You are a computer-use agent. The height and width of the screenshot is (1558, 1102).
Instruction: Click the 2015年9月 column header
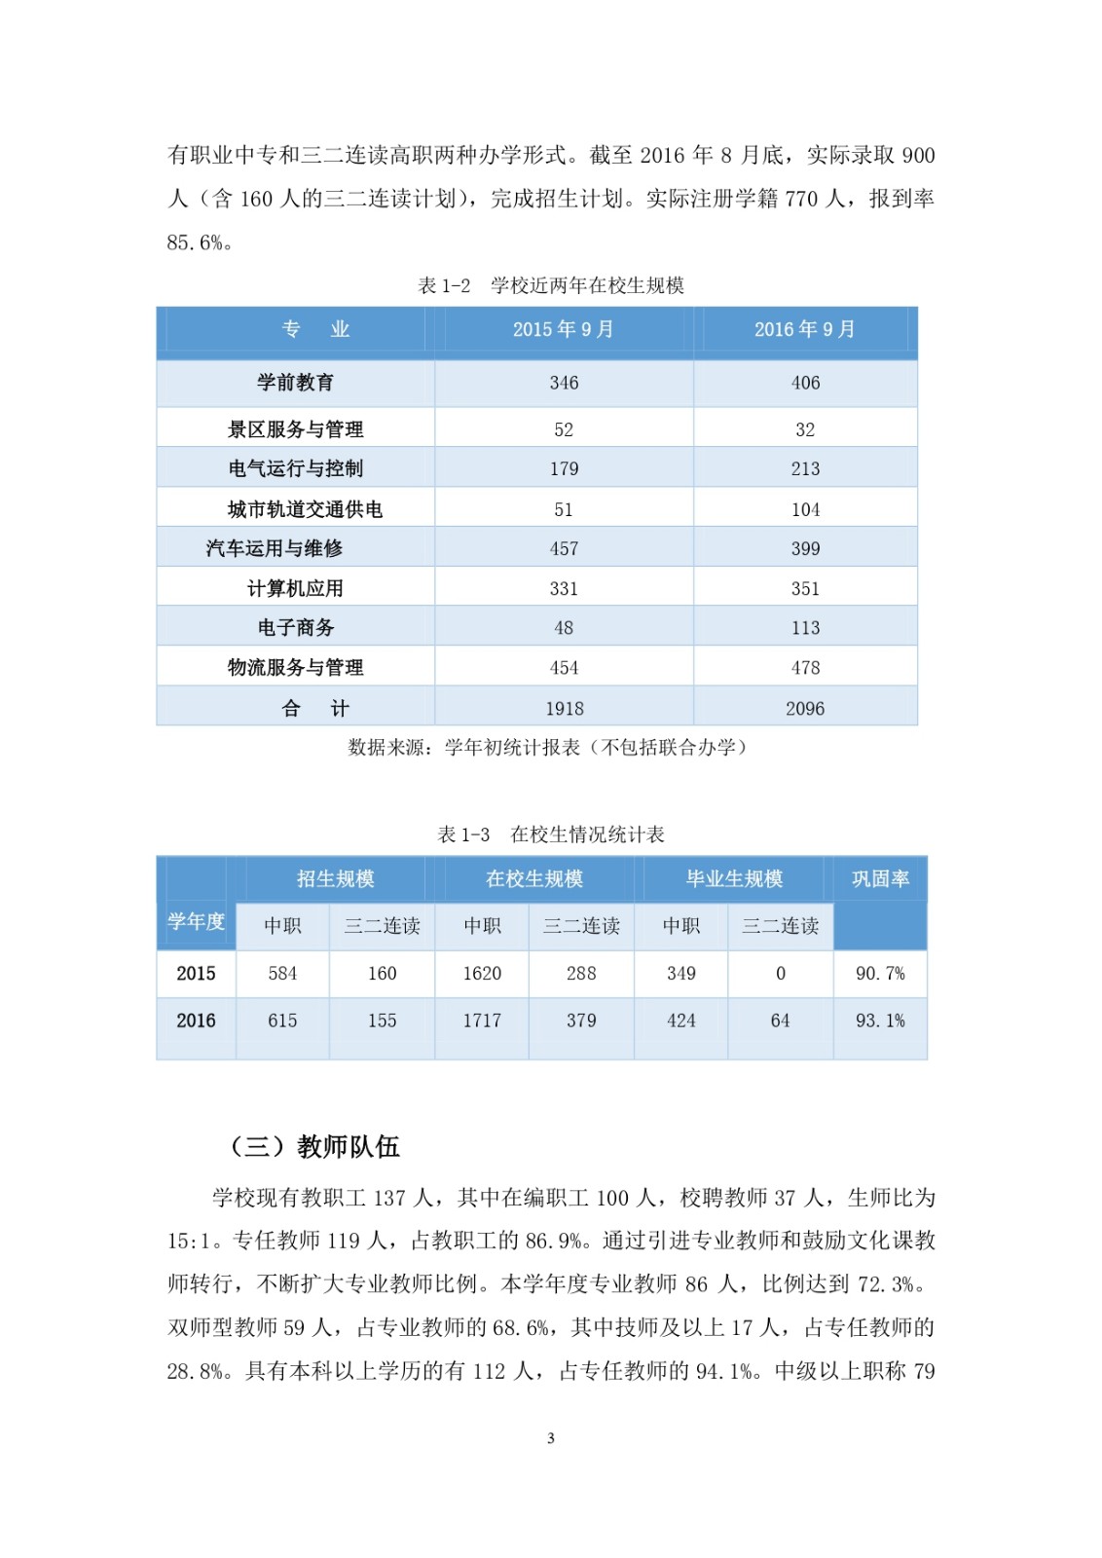pyautogui.click(x=564, y=329)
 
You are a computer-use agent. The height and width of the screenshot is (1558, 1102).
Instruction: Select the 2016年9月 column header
pyautogui.click(x=805, y=329)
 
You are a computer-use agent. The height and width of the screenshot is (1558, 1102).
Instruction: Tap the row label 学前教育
pyautogui.click(x=295, y=383)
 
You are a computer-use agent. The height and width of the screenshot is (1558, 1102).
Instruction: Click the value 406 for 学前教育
pyautogui.click(x=805, y=383)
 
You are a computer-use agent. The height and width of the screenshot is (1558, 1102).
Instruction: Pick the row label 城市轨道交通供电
pyautogui.click(x=305, y=509)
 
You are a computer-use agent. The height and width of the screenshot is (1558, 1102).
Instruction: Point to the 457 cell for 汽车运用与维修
pyautogui.click(x=564, y=549)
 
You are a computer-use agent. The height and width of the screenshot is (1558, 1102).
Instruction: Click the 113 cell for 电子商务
pyautogui.click(x=805, y=628)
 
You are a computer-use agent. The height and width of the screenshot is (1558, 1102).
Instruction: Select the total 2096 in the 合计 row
pyautogui.click(x=805, y=709)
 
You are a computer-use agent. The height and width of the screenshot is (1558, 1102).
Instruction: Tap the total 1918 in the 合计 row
pyautogui.click(x=564, y=709)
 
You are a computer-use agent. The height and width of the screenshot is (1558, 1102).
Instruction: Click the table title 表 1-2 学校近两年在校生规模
pyautogui.click(x=551, y=285)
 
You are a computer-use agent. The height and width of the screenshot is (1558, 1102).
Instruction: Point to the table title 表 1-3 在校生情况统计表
pyautogui.click(x=551, y=835)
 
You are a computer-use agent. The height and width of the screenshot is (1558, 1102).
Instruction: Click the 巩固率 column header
pyautogui.click(x=880, y=878)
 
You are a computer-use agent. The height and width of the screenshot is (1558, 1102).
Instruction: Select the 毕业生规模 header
pyautogui.click(x=734, y=878)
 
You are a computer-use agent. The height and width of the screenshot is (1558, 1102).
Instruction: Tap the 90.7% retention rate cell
pyautogui.click(x=880, y=974)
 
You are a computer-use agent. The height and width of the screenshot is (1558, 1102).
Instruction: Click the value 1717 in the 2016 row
pyautogui.click(x=482, y=1020)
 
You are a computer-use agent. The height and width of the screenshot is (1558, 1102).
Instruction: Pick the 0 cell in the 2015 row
pyautogui.click(x=780, y=974)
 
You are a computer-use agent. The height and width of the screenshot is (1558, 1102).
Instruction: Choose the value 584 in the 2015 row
pyautogui.click(x=282, y=974)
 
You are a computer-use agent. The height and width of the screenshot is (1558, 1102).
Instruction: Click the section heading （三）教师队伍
pyautogui.click(x=313, y=1146)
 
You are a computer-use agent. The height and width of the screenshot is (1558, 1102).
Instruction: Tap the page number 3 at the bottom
pyautogui.click(x=551, y=1438)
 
